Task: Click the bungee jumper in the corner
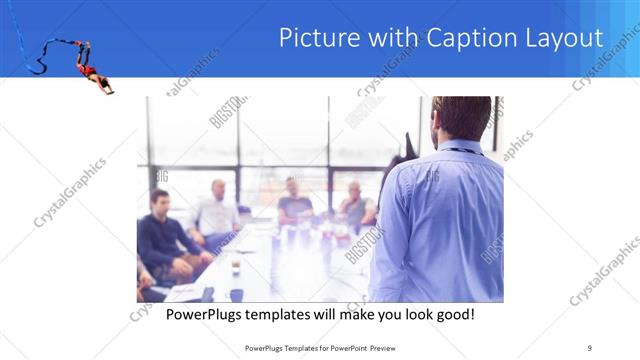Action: click(x=92, y=69)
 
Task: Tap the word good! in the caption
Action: click(x=453, y=315)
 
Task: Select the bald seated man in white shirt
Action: click(x=217, y=210)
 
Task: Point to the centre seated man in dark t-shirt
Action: click(x=294, y=200)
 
